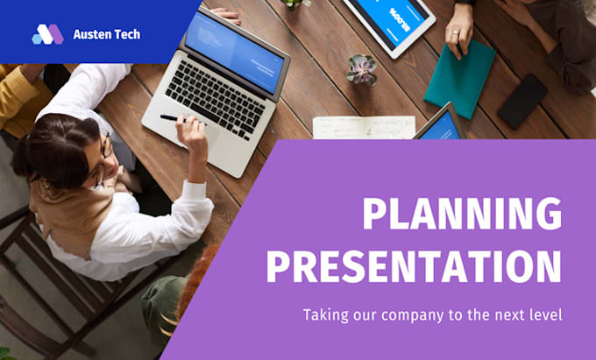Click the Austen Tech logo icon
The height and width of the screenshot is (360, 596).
point(47,35)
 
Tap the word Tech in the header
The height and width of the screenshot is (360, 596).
point(127,35)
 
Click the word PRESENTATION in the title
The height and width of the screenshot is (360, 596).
point(414,265)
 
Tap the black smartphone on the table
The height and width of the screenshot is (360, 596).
point(522,102)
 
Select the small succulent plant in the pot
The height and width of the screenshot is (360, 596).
point(360,68)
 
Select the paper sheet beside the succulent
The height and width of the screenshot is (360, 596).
point(363,127)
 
